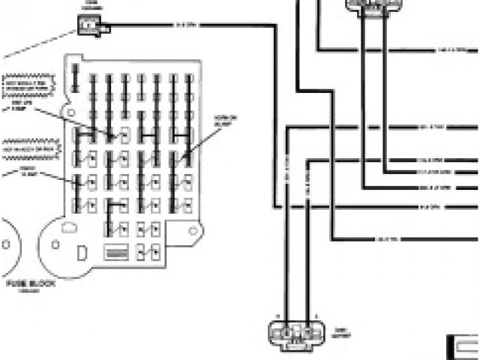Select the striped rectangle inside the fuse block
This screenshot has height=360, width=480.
pyautogui.click(x=118, y=252)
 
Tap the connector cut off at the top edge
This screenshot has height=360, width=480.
pyautogui.click(x=368, y=6)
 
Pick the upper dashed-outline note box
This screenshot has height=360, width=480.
pyautogui.click(x=28, y=86)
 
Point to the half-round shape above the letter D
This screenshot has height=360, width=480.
pyautogui.click(x=69, y=226)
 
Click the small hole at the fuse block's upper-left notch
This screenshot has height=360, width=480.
pyautogui.click(x=71, y=112)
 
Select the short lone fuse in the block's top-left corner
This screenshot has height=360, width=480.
pyautogui.click(x=75, y=77)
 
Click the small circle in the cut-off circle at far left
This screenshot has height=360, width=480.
pyautogui.click(x=5, y=244)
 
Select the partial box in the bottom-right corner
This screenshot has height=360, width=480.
pyautogui.click(x=463, y=345)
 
